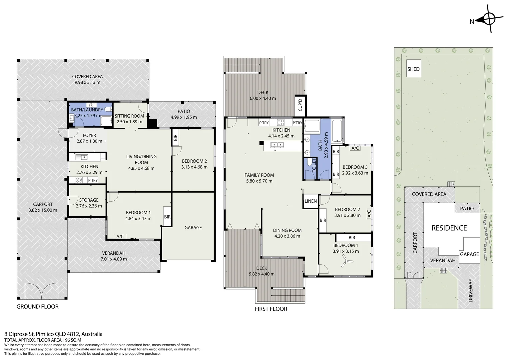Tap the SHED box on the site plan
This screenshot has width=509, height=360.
point(414,68)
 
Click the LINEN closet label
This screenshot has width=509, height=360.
point(310,201)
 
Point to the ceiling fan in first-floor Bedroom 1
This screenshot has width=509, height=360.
point(346,261)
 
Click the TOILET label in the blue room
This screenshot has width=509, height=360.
point(314,165)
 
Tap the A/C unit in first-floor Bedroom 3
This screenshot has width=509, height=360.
point(355,148)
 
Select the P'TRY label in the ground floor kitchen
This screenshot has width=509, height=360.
point(93,180)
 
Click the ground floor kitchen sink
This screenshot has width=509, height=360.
point(82,157)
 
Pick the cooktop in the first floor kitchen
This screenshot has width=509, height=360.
point(280,122)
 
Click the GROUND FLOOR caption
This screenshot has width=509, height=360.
point(38,307)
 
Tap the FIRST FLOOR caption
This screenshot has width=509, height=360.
point(271,309)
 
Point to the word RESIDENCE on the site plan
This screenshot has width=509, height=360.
point(449,228)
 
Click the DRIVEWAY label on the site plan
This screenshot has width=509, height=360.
point(471,290)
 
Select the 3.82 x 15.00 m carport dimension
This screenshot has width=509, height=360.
point(43,210)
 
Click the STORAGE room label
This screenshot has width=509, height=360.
point(89,200)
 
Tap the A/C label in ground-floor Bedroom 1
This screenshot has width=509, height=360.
point(120,237)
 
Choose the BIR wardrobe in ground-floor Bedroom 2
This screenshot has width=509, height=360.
point(175,138)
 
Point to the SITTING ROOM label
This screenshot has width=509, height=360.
point(129,116)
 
